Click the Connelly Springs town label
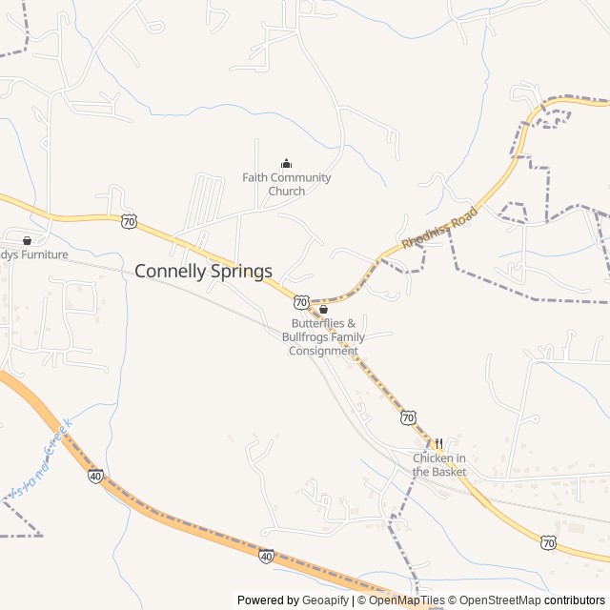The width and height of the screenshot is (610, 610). [x=203, y=271]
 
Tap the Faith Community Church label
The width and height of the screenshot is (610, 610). [x=286, y=184]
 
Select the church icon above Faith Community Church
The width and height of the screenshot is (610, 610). [x=286, y=163]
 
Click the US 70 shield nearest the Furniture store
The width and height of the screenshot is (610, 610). [x=129, y=222]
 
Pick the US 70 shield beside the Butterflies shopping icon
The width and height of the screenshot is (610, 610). [x=301, y=301]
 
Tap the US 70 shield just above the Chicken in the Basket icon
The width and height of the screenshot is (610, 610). [x=408, y=417]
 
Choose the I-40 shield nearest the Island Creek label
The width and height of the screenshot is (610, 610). [x=95, y=476]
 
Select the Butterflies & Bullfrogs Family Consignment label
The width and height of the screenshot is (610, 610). [x=323, y=337]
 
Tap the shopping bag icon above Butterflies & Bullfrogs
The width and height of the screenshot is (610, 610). [x=323, y=309]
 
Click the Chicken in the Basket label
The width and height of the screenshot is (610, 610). [x=439, y=465]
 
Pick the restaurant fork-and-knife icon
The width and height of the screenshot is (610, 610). [x=439, y=443]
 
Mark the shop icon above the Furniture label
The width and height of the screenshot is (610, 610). [x=27, y=240]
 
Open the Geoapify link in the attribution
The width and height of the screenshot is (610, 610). [x=326, y=600]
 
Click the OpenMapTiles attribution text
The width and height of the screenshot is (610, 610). [x=401, y=600]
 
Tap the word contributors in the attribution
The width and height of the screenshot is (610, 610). [x=575, y=600]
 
